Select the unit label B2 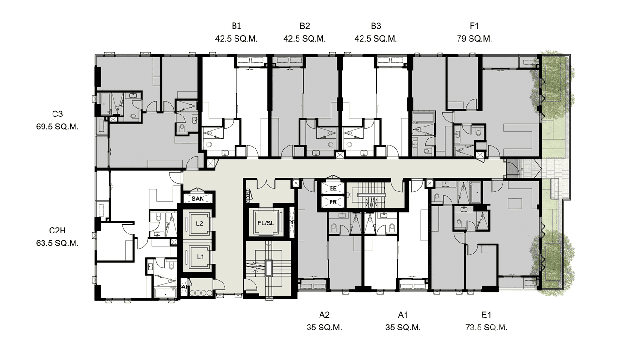305,26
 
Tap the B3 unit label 375,26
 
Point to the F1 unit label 474,26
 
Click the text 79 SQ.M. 474,39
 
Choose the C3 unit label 57,114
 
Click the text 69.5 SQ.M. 57,127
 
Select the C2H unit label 57,230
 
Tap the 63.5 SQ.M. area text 57,243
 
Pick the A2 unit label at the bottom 324,315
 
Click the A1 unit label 403,315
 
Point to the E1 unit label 486,315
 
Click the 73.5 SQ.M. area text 486,328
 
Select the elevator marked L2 200,223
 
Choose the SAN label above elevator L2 198,198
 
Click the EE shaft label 333,189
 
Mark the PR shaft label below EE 333,202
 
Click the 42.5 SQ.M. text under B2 305,39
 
